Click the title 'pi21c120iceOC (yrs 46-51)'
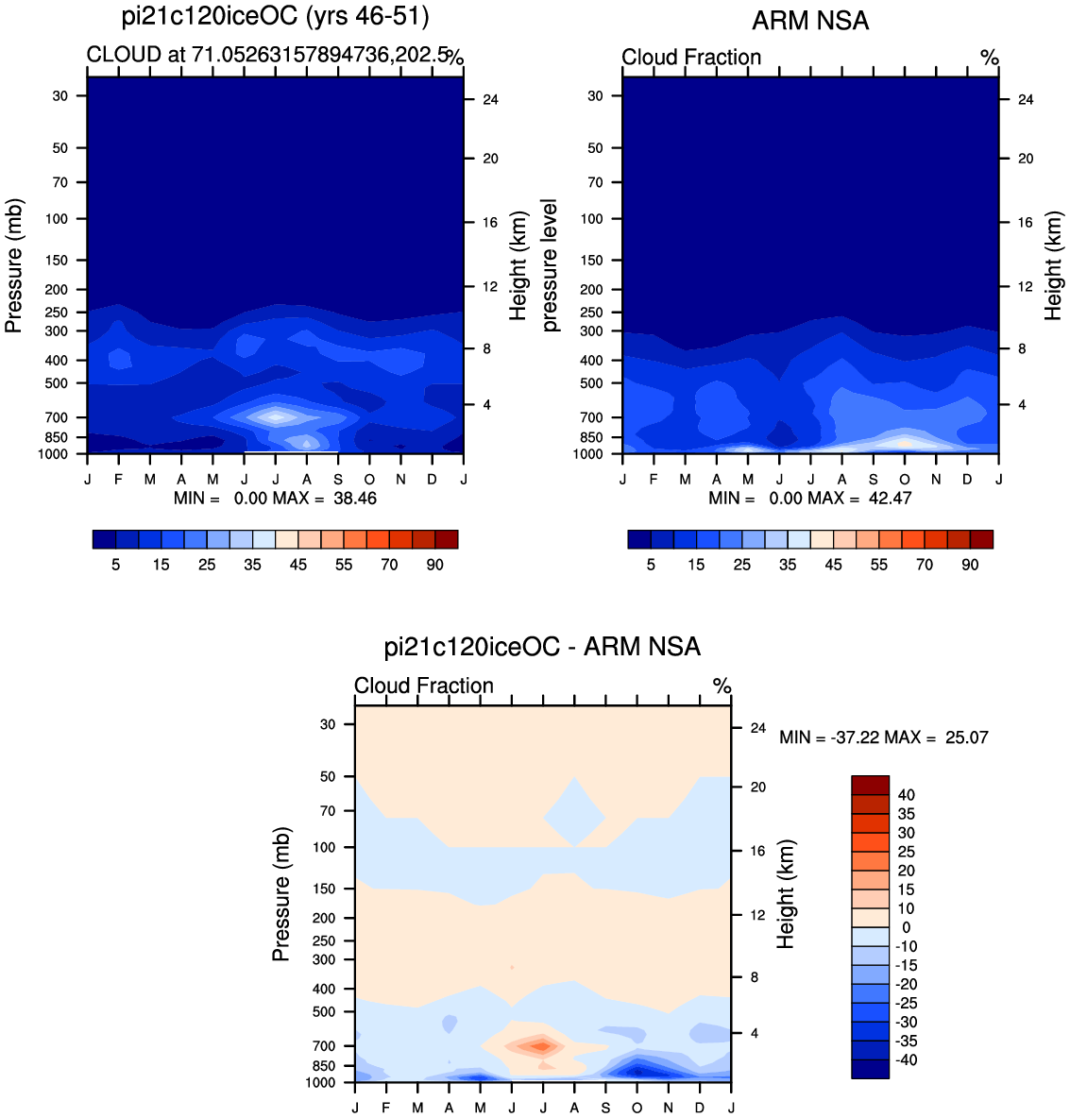[276, 16]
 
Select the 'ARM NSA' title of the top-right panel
[810, 21]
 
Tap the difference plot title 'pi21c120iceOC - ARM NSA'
[542, 647]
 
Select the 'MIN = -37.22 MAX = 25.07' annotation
[884, 737]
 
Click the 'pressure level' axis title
[550, 265]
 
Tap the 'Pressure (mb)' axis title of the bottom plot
[281, 894]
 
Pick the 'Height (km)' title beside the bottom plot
[786, 894]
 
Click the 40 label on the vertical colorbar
[906, 795]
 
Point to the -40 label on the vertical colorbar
[906, 1060]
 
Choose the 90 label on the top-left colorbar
[434, 565]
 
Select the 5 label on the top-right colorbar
[651, 565]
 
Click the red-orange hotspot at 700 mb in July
[541, 1046]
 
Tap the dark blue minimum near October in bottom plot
[638, 1071]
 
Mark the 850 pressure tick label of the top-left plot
[56, 438]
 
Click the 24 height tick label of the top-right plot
[1025, 100]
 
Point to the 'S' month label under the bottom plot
[605, 1108]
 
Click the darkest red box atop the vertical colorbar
[871, 785]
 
